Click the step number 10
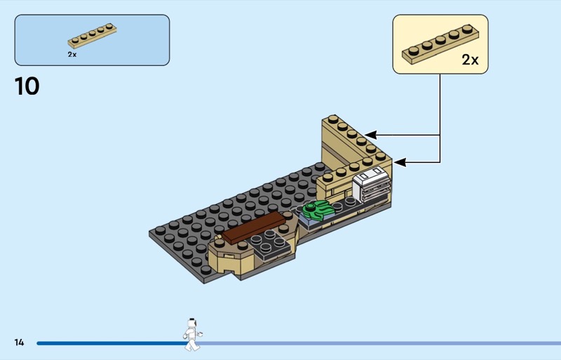point(27,86)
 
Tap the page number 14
point(19,342)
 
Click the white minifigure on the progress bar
point(191,334)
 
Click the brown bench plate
point(253,229)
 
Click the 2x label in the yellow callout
point(470,60)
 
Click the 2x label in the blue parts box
point(72,54)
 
